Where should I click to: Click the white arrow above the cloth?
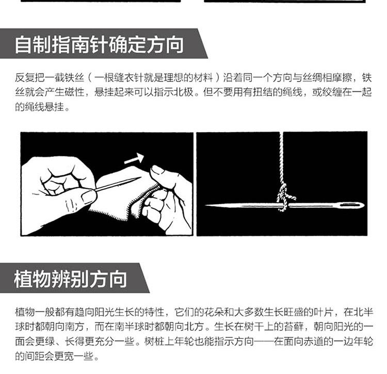click(134, 159)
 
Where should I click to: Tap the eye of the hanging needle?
click(350, 205)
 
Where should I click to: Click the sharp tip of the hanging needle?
click(206, 205)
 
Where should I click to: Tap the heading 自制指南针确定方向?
click(99, 45)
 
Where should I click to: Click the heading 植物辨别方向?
click(71, 279)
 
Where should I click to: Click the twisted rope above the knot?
click(281, 158)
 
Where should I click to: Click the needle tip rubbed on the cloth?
click(140, 177)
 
